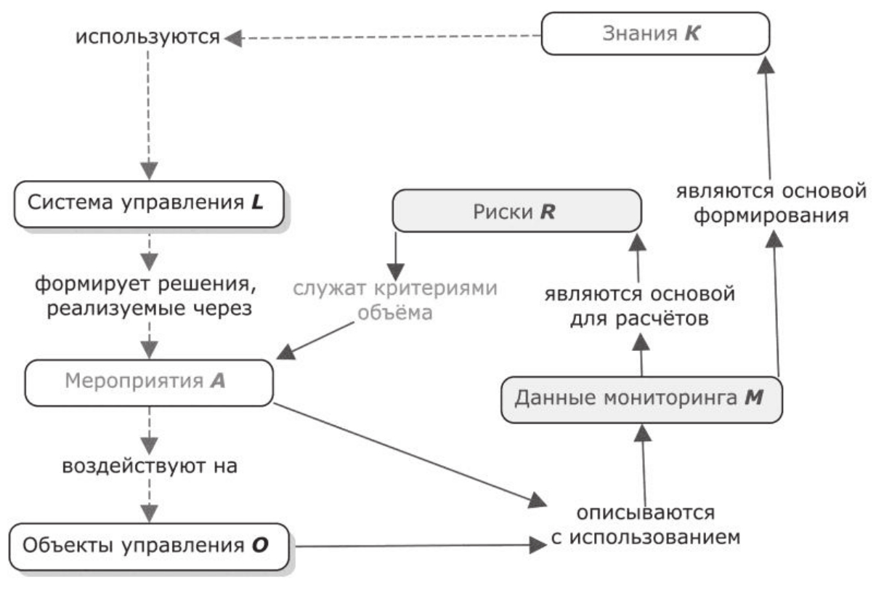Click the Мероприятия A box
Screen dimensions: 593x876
pos(148,382)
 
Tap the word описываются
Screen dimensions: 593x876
pos(646,513)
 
